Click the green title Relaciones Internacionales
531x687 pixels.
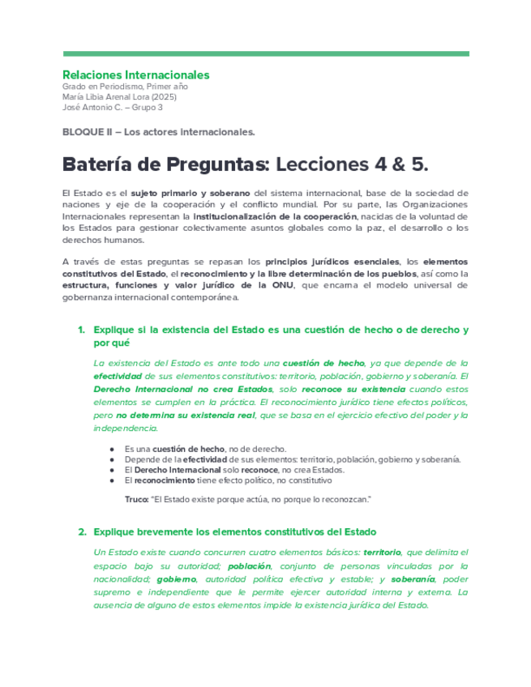click(135, 75)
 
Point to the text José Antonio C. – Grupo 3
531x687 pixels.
click(112, 107)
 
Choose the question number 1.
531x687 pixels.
click(81, 331)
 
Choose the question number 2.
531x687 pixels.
click(81, 532)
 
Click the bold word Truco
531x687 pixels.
click(136, 499)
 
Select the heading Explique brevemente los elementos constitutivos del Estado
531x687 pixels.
click(235, 532)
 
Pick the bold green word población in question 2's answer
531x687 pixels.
click(249, 566)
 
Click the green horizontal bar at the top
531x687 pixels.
click(265, 53)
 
